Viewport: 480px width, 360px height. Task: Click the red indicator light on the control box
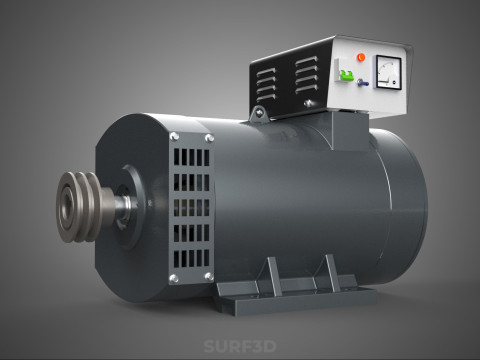point(362,57)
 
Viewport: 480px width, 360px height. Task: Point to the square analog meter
point(387,70)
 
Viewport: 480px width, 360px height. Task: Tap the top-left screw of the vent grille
point(174,137)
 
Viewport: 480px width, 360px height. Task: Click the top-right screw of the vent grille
point(208,138)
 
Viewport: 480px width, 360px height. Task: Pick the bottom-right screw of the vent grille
point(208,277)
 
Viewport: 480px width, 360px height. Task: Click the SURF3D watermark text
point(239,347)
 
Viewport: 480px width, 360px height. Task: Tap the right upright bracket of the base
point(329,270)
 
